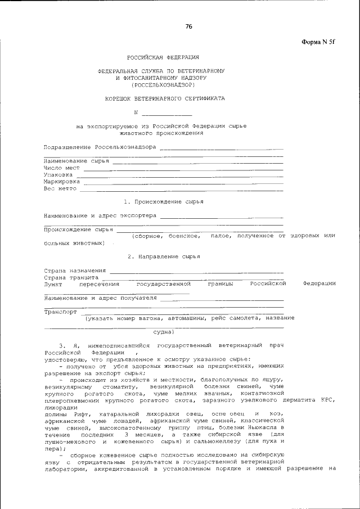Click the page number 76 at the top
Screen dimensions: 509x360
[x=188, y=26]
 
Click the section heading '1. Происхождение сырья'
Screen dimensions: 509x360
[x=163, y=201]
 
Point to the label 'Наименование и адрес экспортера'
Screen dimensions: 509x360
[x=100, y=215]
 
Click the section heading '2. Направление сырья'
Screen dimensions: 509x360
[x=163, y=256]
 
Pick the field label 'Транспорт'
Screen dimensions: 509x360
[x=60, y=311]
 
